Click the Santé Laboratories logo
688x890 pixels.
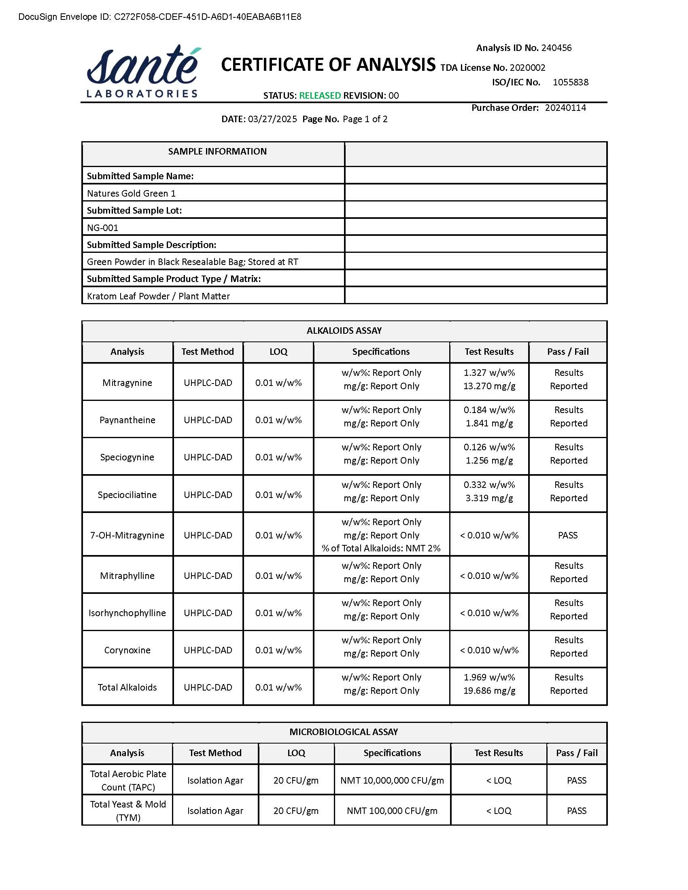pyautogui.click(x=142, y=71)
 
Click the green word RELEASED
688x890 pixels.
pyautogui.click(x=320, y=95)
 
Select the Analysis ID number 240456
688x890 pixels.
pyautogui.click(x=556, y=48)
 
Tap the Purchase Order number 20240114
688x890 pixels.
pyautogui.click(x=565, y=108)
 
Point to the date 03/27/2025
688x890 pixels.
pyautogui.click(x=272, y=119)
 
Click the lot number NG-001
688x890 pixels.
pyautogui.click(x=102, y=228)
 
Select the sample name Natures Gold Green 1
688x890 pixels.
pyautogui.click(x=131, y=193)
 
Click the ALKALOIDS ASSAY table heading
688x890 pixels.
pyautogui.click(x=344, y=331)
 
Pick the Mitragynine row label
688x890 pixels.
pyautogui.click(x=127, y=383)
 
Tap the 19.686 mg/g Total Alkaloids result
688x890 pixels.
pyautogui.click(x=489, y=690)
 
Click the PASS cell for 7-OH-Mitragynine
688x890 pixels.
pyautogui.click(x=568, y=535)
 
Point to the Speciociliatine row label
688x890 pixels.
pyautogui.click(x=127, y=495)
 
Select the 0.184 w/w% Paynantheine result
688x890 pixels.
pyautogui.click(x=489, y=410)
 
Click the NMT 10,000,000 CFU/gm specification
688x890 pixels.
pyautogui.click(x=392, y=780)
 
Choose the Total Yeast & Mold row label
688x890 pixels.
pyautogui.click(x=128, y=811)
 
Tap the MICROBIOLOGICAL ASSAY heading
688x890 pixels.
pyautogui.click(x=344, y=732)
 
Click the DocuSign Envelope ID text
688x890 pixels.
pyautogui.click(x=160, y=17)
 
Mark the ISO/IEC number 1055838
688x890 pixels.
pyautogui.click(x=570, y=82)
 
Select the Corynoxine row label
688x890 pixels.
pyautogui.click(x=127, y=650)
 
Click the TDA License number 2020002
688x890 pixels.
pyautogui.click(x=527, y=68)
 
